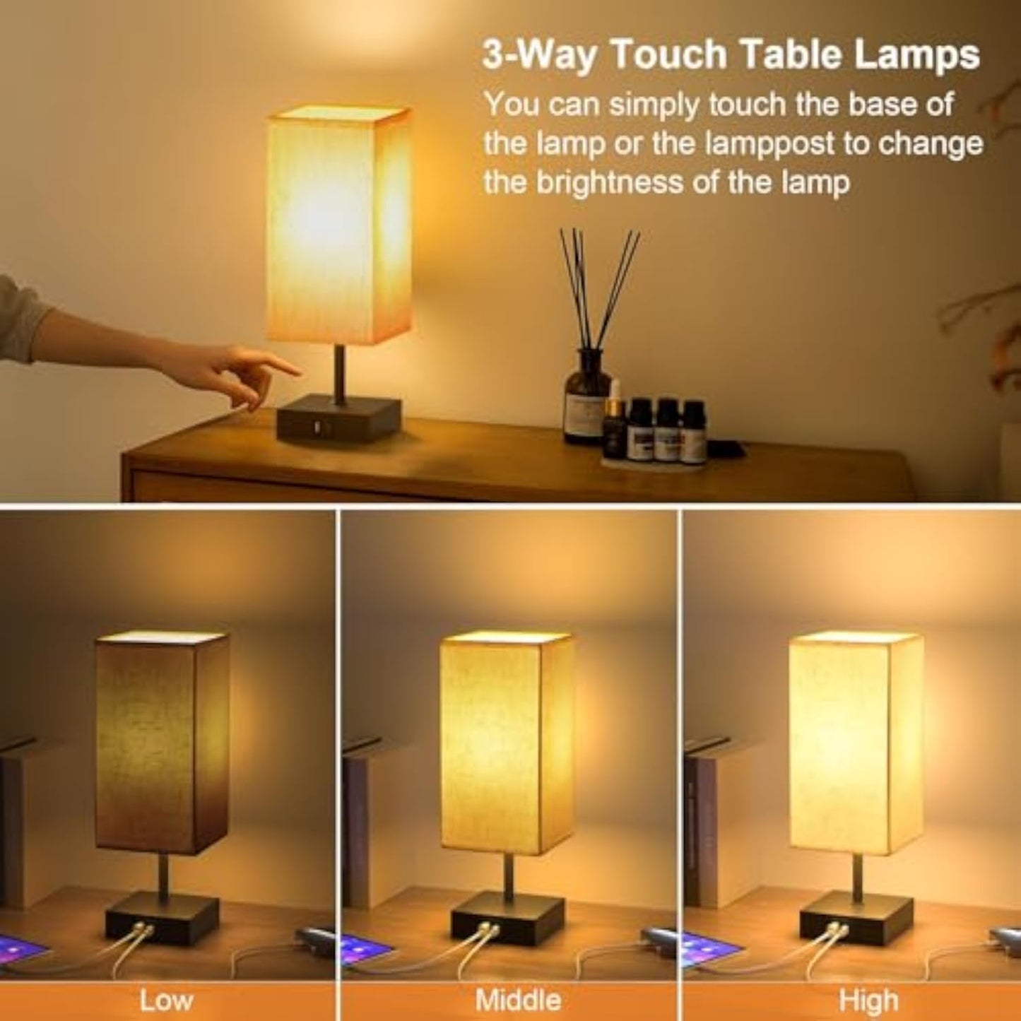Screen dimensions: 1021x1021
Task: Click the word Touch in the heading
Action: click(668, 55)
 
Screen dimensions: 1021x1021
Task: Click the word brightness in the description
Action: click(625, 183)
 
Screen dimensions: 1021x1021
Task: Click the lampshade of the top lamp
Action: click(339, 225)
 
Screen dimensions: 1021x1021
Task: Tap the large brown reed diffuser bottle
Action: click(587, 395)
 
